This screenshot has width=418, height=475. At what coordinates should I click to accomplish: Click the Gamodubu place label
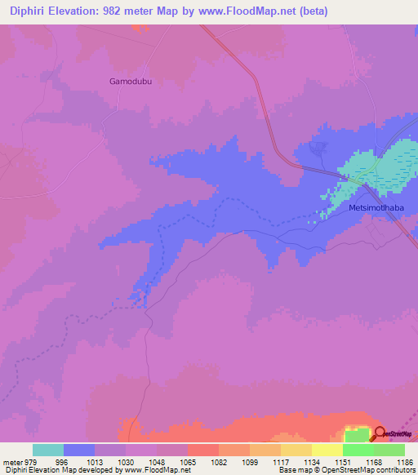coord(131,82)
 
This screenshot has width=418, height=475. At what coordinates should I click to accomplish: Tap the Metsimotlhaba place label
coord(376,207)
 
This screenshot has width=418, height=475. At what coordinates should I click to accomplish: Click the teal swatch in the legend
coord(48,450)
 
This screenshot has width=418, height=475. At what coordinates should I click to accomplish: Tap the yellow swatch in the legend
coord(327,450)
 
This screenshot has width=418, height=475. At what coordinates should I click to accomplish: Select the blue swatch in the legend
coord(79,450)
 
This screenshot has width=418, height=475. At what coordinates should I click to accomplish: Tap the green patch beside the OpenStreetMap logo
coord(356,433)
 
